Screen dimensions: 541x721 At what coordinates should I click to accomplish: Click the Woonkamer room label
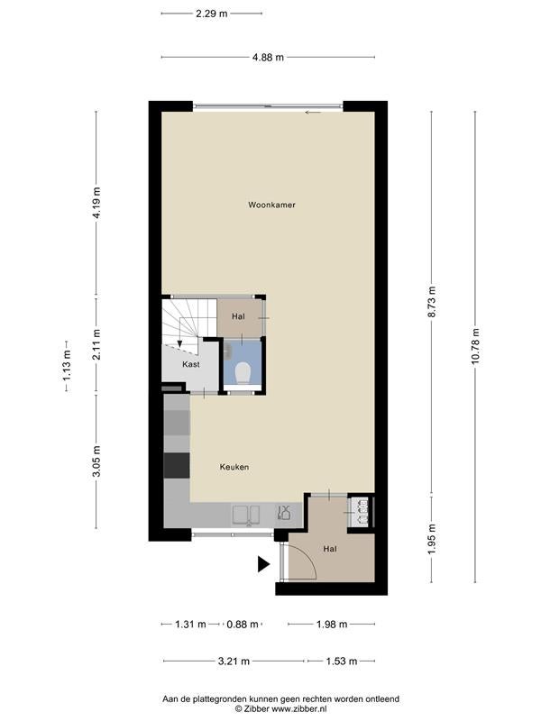[x=271, y=205]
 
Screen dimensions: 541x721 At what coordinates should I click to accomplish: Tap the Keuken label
[x=234, y=467]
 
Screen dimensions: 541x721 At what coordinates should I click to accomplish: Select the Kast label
[x=191, y=364]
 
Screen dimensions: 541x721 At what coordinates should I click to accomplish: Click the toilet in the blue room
[x=243, y=372]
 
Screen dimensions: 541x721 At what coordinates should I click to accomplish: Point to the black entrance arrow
[x=263, y=564]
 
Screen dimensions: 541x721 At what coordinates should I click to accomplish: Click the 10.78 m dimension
[x=475, y=346]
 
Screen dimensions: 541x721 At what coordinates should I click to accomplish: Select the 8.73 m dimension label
[x=432, y=302]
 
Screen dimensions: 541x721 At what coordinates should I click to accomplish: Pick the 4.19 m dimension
[x=96, y=203]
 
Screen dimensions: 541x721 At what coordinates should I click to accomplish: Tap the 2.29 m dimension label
[x=212, y=14]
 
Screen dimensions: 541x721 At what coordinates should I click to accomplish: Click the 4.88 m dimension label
[x=268, y=57]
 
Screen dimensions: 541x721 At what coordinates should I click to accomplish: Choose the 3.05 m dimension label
[x=96, y=461]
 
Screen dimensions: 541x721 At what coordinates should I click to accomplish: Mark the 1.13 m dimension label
[x=67, y=366]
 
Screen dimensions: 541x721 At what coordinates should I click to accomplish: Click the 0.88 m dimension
[x=243, y=624]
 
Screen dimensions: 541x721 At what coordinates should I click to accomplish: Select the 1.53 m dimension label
[x=342, y=662]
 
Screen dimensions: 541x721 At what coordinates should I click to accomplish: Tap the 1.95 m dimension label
[x=432, y=539]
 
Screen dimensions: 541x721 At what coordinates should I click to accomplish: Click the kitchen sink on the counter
[x=245, y=515]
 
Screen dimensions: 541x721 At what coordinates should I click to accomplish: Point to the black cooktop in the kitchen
[x=177, y=465]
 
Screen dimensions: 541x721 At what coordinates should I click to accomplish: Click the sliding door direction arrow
[x=313, y=112]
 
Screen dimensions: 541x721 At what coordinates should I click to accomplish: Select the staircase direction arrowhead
[x=179, y=343]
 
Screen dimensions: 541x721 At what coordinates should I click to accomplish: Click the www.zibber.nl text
[x=299, y=709]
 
